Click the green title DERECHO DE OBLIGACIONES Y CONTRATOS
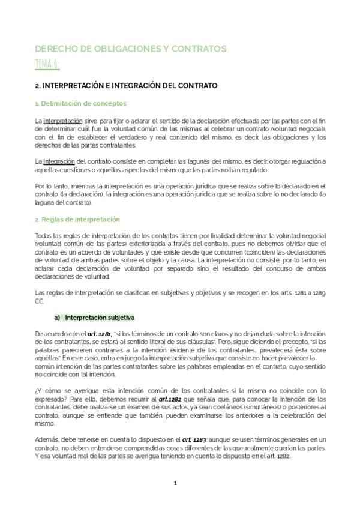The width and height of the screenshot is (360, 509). tap(130, 49)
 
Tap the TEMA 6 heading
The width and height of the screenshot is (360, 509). tap(47, 64)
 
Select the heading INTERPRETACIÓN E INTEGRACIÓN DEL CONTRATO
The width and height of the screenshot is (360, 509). tap(130, 86)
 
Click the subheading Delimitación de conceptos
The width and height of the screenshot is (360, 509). tap(74, 104)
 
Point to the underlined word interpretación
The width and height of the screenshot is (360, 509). tap(61, 121)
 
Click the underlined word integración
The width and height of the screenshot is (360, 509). tap(58, 161)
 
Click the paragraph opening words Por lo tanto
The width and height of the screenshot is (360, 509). tap(50, 186)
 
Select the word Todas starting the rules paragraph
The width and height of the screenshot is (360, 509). tap(44, 235)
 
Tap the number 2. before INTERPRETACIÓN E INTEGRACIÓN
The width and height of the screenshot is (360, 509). tap(38, 86)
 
